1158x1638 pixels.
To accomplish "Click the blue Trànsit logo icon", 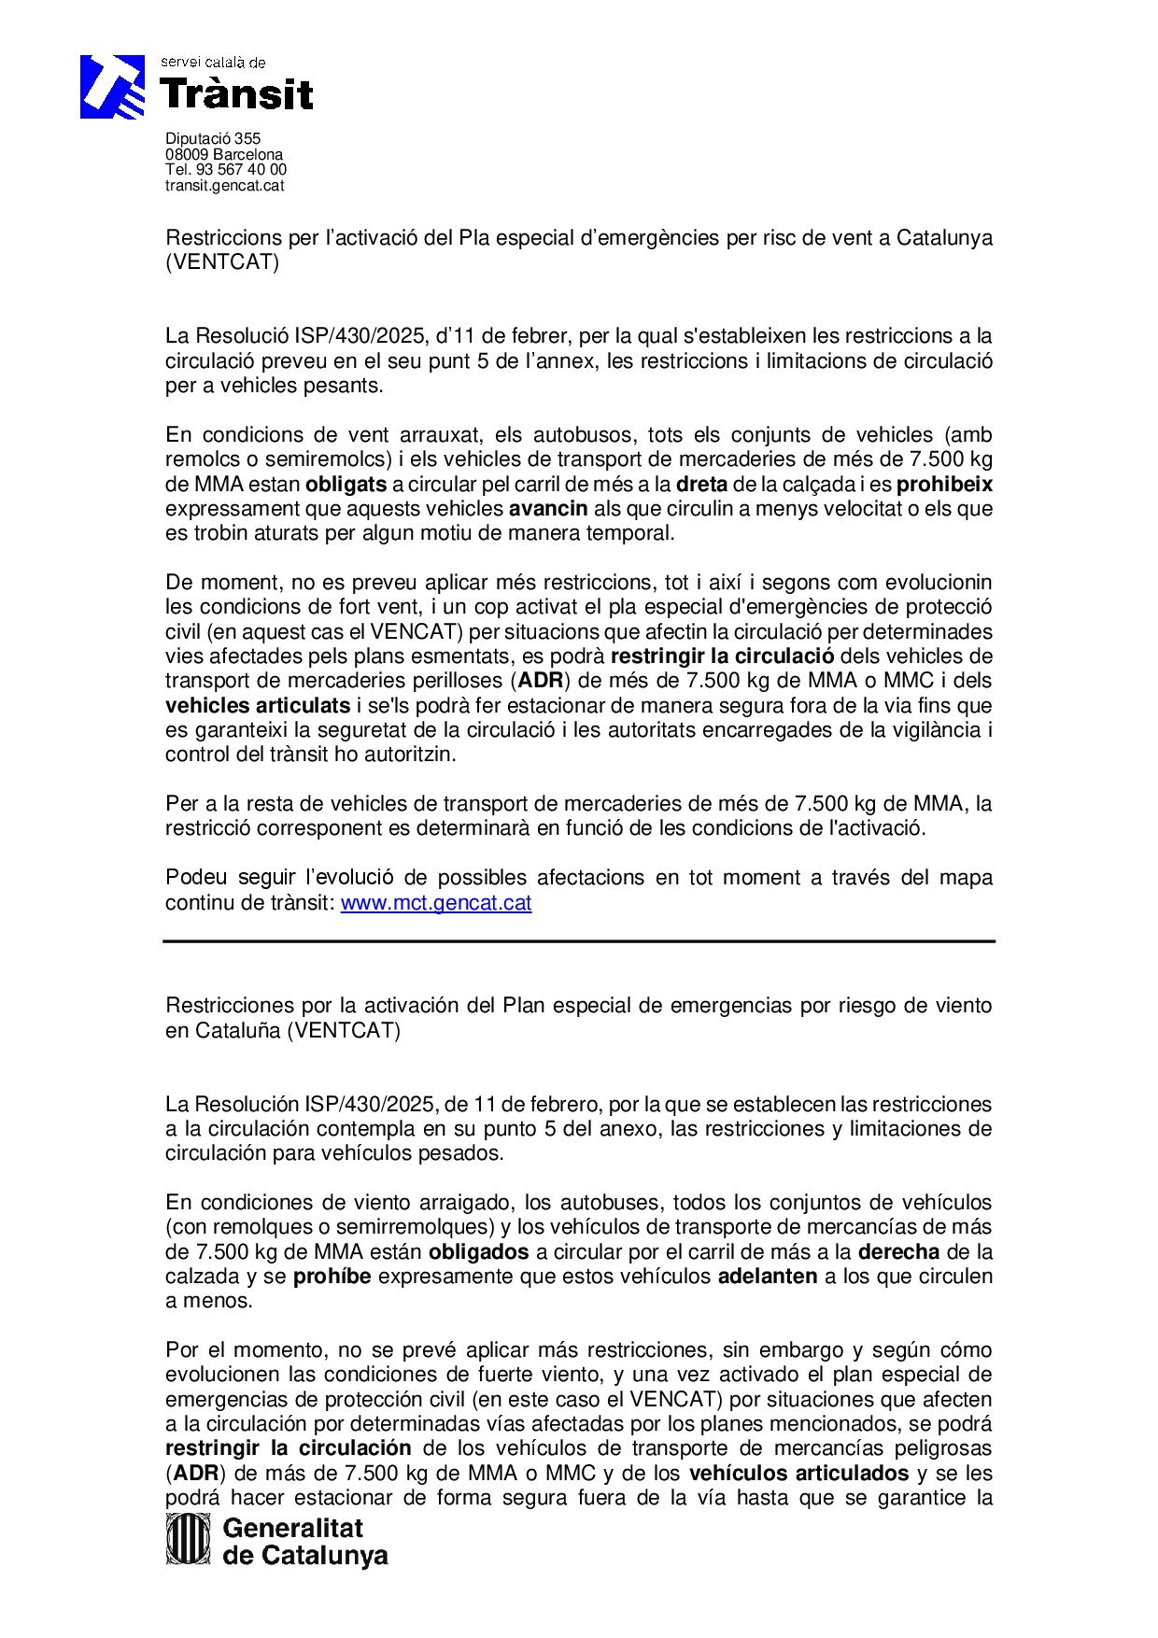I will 112,86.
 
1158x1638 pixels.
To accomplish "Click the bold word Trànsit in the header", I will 237,94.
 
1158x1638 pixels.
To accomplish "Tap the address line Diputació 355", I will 213,138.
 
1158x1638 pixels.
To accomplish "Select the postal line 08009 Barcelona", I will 224,154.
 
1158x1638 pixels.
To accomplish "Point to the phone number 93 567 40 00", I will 241,169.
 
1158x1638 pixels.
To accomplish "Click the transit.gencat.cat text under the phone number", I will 224,185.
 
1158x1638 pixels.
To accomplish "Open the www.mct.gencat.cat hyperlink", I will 436,903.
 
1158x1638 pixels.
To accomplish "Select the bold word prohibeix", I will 944,484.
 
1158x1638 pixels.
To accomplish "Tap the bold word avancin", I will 548,509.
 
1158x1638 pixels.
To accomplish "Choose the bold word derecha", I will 899,1251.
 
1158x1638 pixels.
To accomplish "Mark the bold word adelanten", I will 768,1276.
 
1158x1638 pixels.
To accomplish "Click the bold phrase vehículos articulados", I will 798,1473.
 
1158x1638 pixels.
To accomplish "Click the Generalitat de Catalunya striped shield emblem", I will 188,1538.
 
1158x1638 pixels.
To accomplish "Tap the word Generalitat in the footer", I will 293,1528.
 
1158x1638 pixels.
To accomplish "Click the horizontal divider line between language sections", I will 579,941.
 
